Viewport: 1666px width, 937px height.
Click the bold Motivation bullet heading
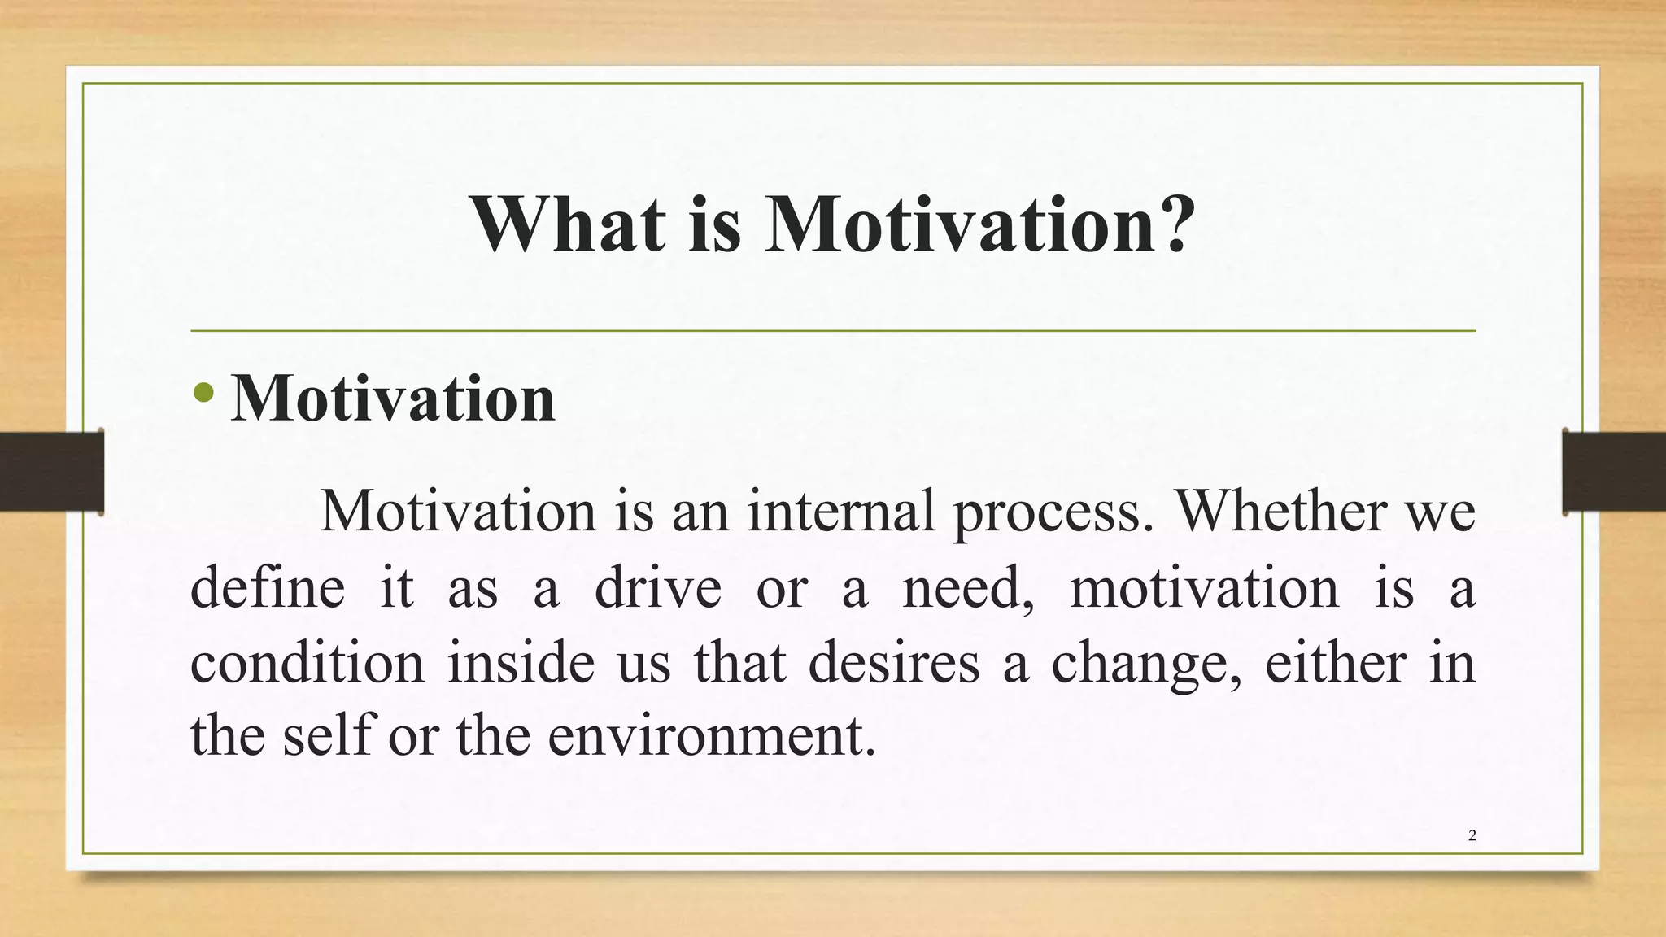pyautogui.click(x=393, y=399)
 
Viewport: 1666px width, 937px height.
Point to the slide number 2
pyautogui.click(x=1472, y=835)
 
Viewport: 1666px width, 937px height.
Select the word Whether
pyautogui.click(x=1280, y=512)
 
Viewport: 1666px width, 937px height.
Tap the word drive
pyautogui.click(x=657, y=588)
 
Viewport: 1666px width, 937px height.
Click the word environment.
pyautogui.click(x=711, y=736)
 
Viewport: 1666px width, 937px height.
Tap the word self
pyautogui.click(x=328, y=736)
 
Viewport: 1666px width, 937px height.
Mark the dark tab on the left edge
pyautogui.click(x=52, y=472)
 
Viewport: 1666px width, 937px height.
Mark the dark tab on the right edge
pyautogui.click(x=1614, y=472)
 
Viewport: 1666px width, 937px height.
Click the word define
pyautogui.click(x=268, y=588)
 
